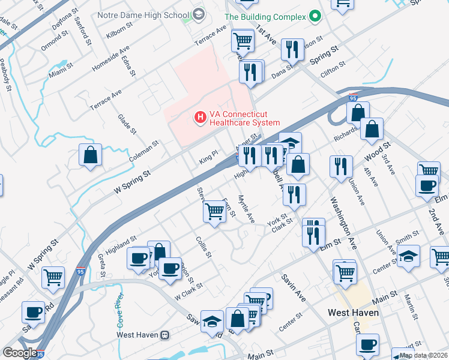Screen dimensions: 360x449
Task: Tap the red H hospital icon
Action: [x=200, y=116]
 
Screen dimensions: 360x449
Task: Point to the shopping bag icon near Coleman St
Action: [x=90, y=155]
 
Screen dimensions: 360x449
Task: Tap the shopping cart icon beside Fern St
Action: [x=214, y=211]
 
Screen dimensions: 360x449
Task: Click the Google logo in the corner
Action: [x=20, y=353]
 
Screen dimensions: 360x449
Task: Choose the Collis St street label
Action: [x=204, y=247]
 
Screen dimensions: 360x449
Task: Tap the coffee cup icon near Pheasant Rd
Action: [x=32, y=312]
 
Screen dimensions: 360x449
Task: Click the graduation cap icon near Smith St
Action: [x=408, y=256]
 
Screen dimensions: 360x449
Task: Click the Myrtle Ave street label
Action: [x=247, y=209]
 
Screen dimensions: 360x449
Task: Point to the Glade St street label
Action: [x=127, y=124]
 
